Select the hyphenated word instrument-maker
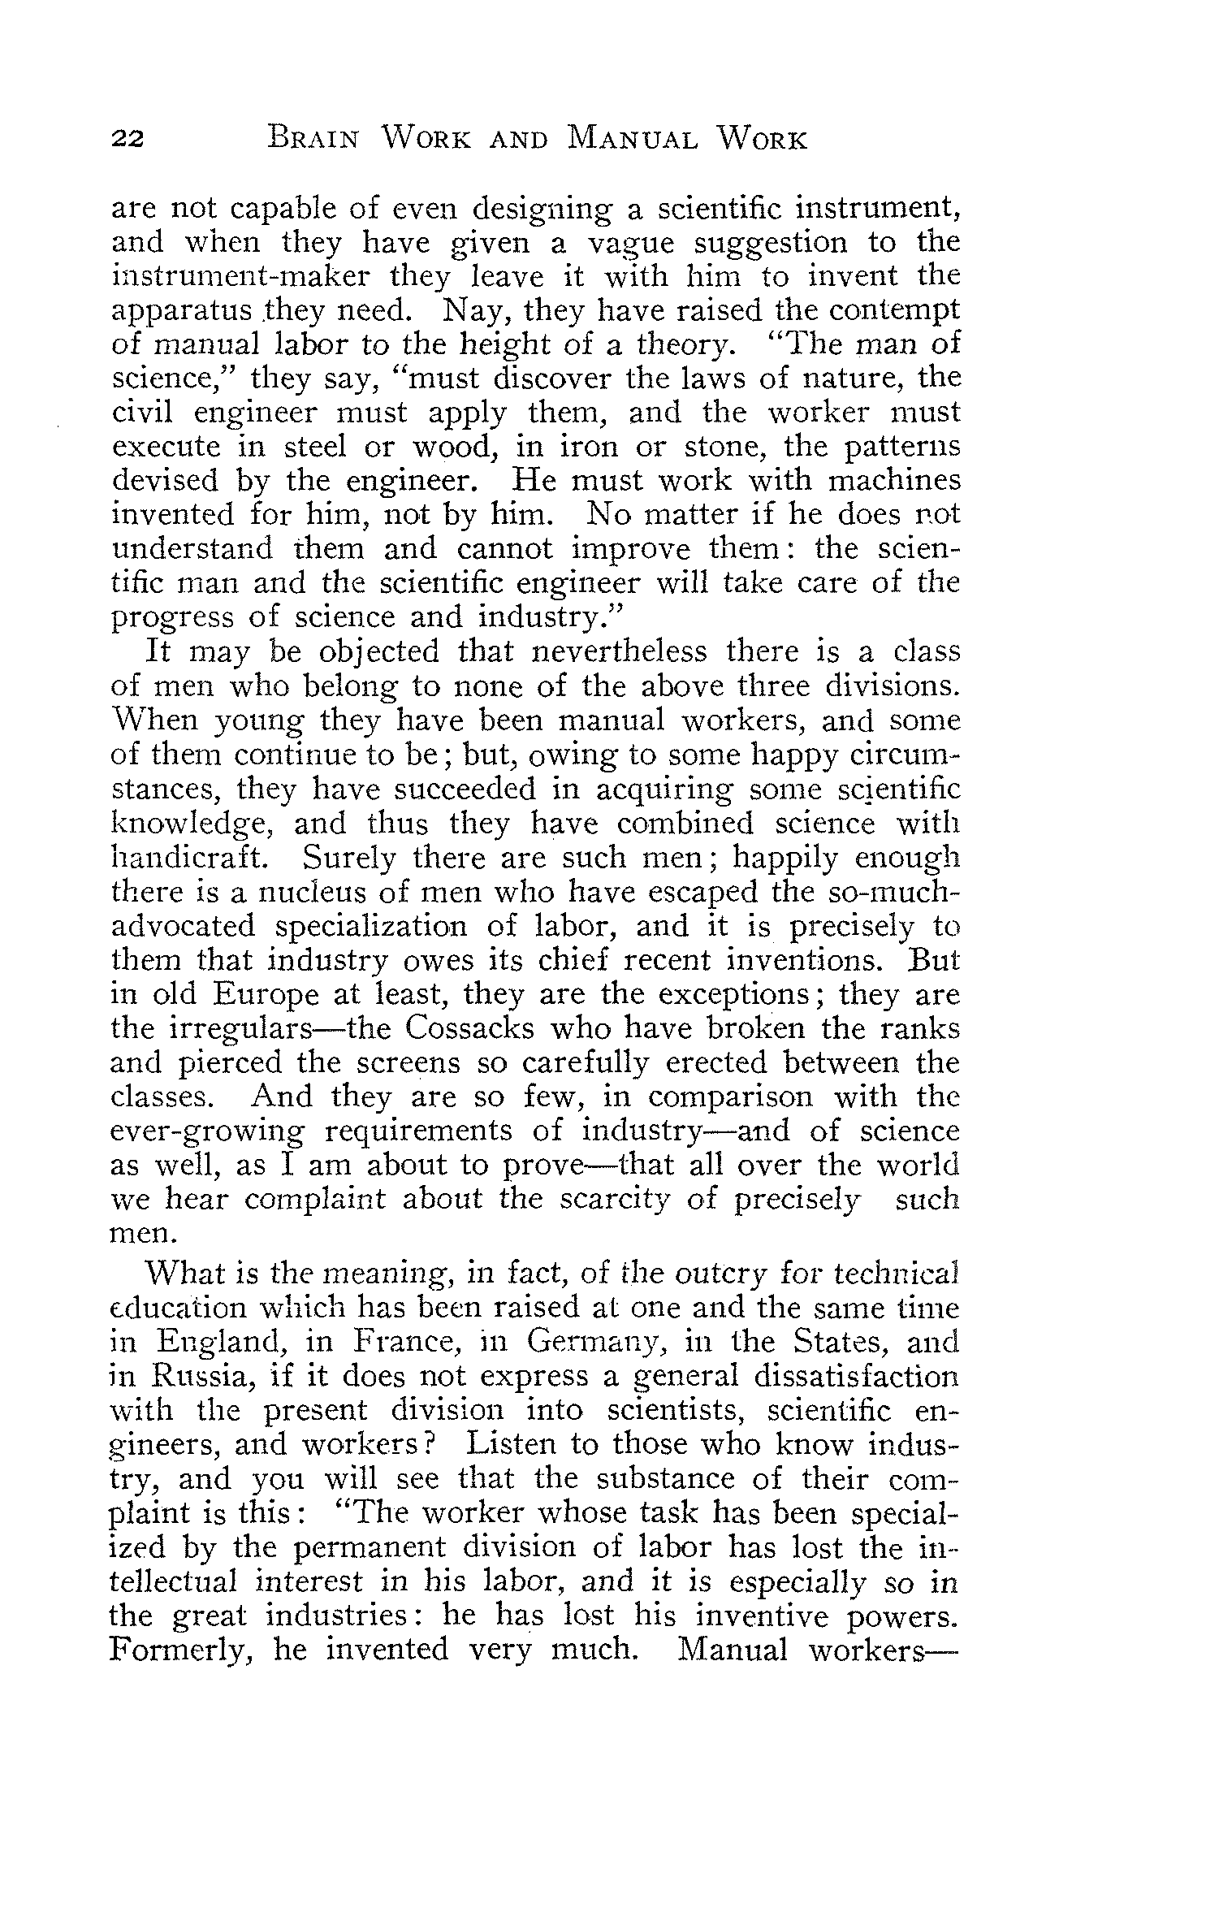coord(243,277)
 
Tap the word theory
coord(686,345)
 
